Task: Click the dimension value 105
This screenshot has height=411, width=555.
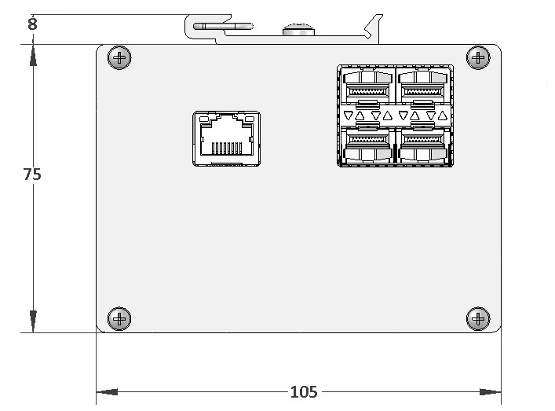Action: (x=304, y=392)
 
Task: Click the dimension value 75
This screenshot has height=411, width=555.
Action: (x=32, y=174)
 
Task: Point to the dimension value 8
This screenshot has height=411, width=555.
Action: (x=32, y=24)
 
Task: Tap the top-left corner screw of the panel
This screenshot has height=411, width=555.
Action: (x=119, y=57)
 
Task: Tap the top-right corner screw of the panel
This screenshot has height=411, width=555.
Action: (x=478, y=57)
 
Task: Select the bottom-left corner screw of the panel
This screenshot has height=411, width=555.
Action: (x=119, y=319)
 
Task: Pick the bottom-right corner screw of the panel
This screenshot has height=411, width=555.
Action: (x=478, y=319)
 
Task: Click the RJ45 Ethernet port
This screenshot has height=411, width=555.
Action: (x=227, y=138)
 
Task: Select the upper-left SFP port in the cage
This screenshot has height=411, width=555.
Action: (x=367, y=86)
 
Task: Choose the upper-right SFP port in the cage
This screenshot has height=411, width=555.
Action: (x=422, y=86)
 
